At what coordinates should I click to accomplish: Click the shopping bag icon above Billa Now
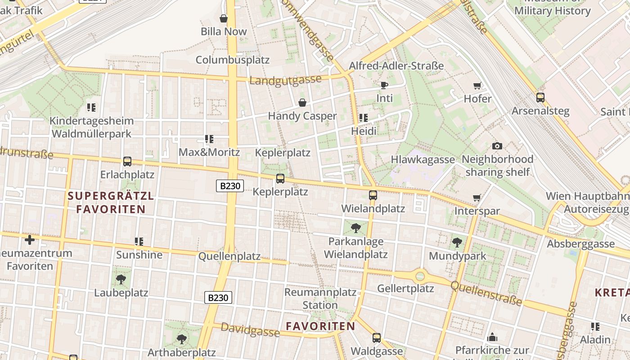coord(223,18)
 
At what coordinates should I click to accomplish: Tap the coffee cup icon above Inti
coord(384,85)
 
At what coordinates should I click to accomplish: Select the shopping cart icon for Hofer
coord(477,85)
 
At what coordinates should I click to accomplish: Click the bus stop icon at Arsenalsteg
coord(540,97)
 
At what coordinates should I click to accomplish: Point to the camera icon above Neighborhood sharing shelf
coord(497,146)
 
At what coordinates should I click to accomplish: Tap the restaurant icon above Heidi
coord(363,118)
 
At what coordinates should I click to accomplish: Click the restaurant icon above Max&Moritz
coord(209,139)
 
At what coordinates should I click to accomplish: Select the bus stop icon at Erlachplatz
coord(127,162)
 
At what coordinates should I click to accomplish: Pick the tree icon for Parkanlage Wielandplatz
coord(355,228)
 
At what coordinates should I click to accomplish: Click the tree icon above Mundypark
coord(457,243)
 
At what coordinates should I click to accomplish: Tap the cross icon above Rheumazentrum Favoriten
coord(30,240)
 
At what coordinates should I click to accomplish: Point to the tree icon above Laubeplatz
coord(121,279)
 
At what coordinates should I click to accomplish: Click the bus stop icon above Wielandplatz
coord(373,195)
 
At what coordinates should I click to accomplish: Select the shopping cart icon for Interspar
coord(477,198)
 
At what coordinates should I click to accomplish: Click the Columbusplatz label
coord(232,60)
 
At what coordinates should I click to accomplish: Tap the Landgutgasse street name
coord(285,80)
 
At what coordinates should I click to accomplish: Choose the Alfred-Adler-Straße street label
coord(396,66)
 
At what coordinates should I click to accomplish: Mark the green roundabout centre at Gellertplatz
coord(420,276)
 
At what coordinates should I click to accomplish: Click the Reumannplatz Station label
coord(320,298)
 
